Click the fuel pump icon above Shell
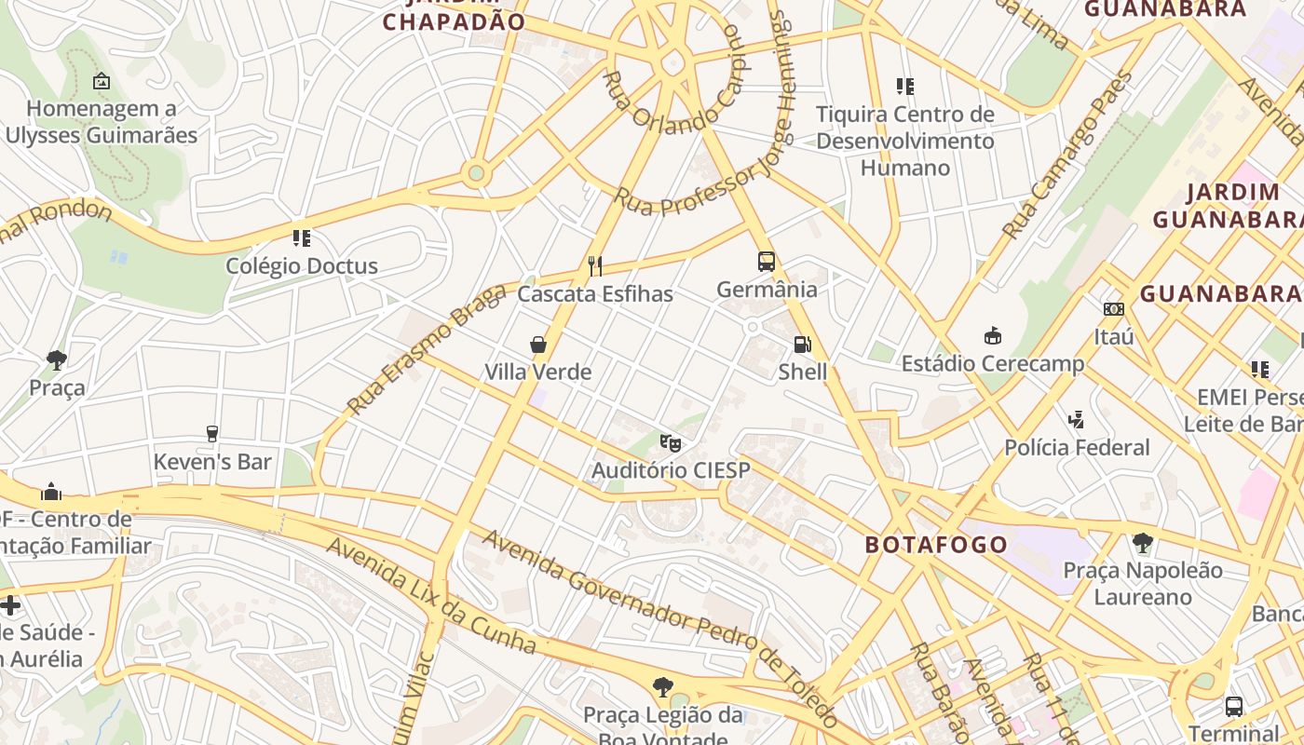tap(802, 345)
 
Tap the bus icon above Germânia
tap(767, 262)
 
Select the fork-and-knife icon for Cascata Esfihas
tap(595, 266)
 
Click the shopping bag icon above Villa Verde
tap(538, 345)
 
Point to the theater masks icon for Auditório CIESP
tap(671, 442)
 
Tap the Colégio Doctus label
tap(302, 266)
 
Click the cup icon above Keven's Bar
tap(212, 434)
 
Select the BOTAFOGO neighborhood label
tap(936, 545)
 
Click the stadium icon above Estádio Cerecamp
tap(993, 336)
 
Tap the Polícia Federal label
tap(1077, 448)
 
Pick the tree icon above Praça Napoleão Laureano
tap(1142, 542)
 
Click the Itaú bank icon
tap(1113, 309)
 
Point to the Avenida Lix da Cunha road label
tap(430, 596)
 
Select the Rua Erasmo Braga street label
tap(427, 349)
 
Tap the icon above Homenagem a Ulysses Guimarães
tap(102, 82)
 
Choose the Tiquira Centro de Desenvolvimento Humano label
tap(904, 142)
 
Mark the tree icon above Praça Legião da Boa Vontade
tap(662, 688)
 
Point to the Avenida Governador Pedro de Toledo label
tap(659, 626)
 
